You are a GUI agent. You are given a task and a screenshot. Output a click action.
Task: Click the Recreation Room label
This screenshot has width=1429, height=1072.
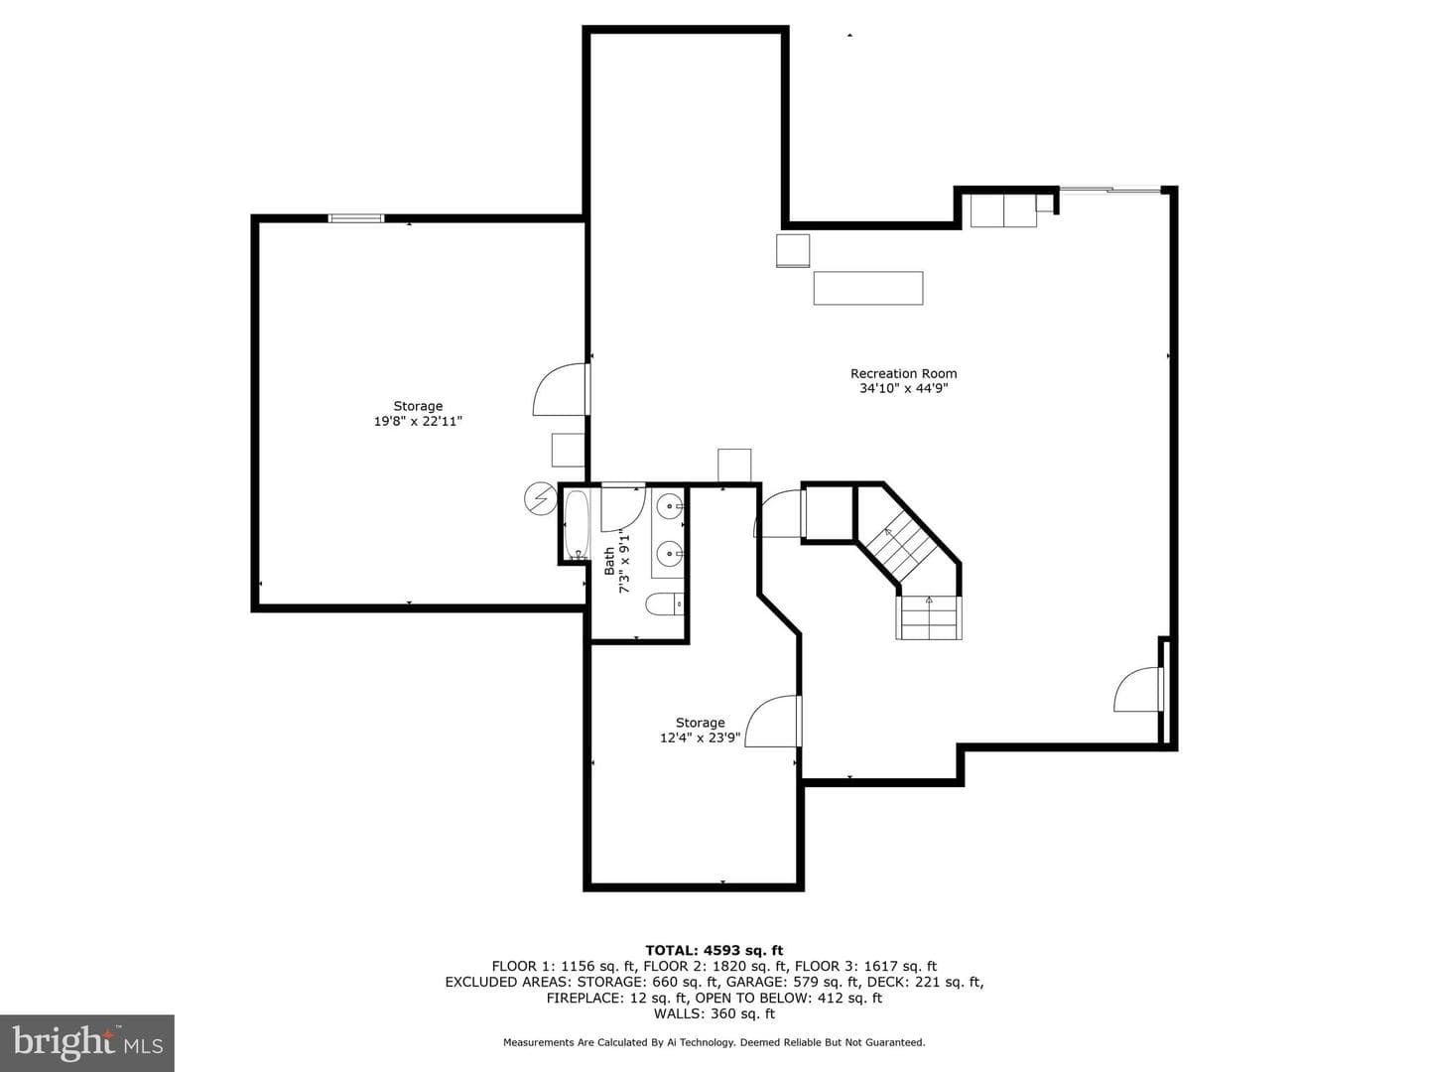coord(903,373)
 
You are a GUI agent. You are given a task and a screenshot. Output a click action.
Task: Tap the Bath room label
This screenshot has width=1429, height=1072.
coord(609,561)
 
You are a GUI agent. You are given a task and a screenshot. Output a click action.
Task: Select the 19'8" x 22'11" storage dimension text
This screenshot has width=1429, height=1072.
coord(418,421)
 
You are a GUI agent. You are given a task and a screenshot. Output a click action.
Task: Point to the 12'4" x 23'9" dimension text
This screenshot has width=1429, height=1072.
coord(700,738)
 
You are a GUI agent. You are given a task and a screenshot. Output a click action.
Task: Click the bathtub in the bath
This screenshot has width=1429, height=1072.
coord(577,525)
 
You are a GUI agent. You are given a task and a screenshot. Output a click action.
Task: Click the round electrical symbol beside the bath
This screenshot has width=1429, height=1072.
coord(541,498)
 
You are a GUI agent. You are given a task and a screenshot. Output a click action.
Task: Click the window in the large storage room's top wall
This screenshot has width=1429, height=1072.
coord(355,218)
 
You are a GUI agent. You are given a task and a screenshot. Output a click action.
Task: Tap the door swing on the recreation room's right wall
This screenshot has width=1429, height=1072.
coord(1137,690)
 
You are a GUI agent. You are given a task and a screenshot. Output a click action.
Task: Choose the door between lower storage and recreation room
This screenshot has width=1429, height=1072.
coord(773,721)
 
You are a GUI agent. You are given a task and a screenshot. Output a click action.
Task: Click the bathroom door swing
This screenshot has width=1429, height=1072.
coord(622,507)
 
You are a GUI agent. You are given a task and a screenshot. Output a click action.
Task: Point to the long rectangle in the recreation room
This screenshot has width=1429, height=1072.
coord(867,288)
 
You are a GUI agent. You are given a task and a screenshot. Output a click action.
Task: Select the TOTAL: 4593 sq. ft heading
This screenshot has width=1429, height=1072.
coord(714,951)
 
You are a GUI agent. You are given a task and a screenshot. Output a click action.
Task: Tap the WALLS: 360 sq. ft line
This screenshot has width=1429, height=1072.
coord(714,1013)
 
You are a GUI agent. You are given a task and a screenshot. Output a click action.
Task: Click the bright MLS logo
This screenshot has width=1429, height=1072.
coord(87,1043)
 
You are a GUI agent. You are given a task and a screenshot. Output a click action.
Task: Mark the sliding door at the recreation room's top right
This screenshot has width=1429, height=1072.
coord(1110,190)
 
